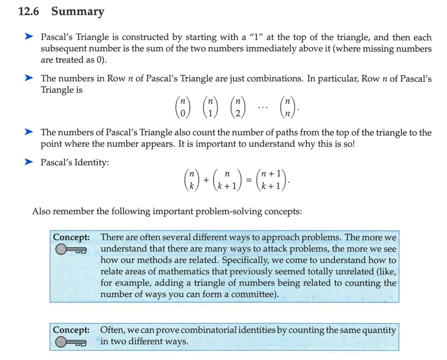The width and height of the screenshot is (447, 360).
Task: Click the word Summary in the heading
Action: pos(78,12)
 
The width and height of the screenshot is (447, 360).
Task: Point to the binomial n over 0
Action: pos(183,107)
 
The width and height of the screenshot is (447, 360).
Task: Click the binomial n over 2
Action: pos(238,107)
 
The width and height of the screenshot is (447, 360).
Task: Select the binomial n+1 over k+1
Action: pos(270,179)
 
